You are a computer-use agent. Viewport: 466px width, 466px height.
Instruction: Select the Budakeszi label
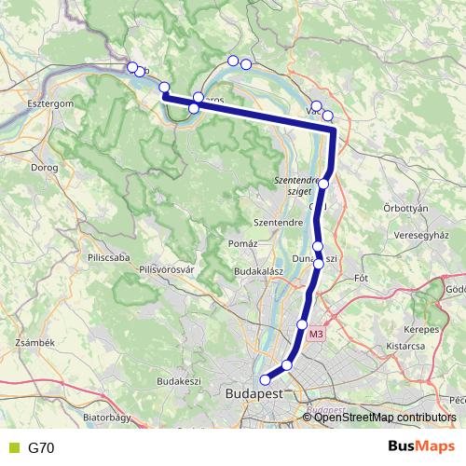pos(179,381)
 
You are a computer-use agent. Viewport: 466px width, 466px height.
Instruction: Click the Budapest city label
pos(254,394)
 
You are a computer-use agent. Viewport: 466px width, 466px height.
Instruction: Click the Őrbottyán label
pos(405,208)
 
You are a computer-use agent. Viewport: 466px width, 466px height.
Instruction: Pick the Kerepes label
pos(421,330)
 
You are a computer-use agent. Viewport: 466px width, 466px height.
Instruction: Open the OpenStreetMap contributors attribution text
pos(385,418)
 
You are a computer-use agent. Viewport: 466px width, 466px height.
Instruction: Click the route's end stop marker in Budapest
pos(265,379)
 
